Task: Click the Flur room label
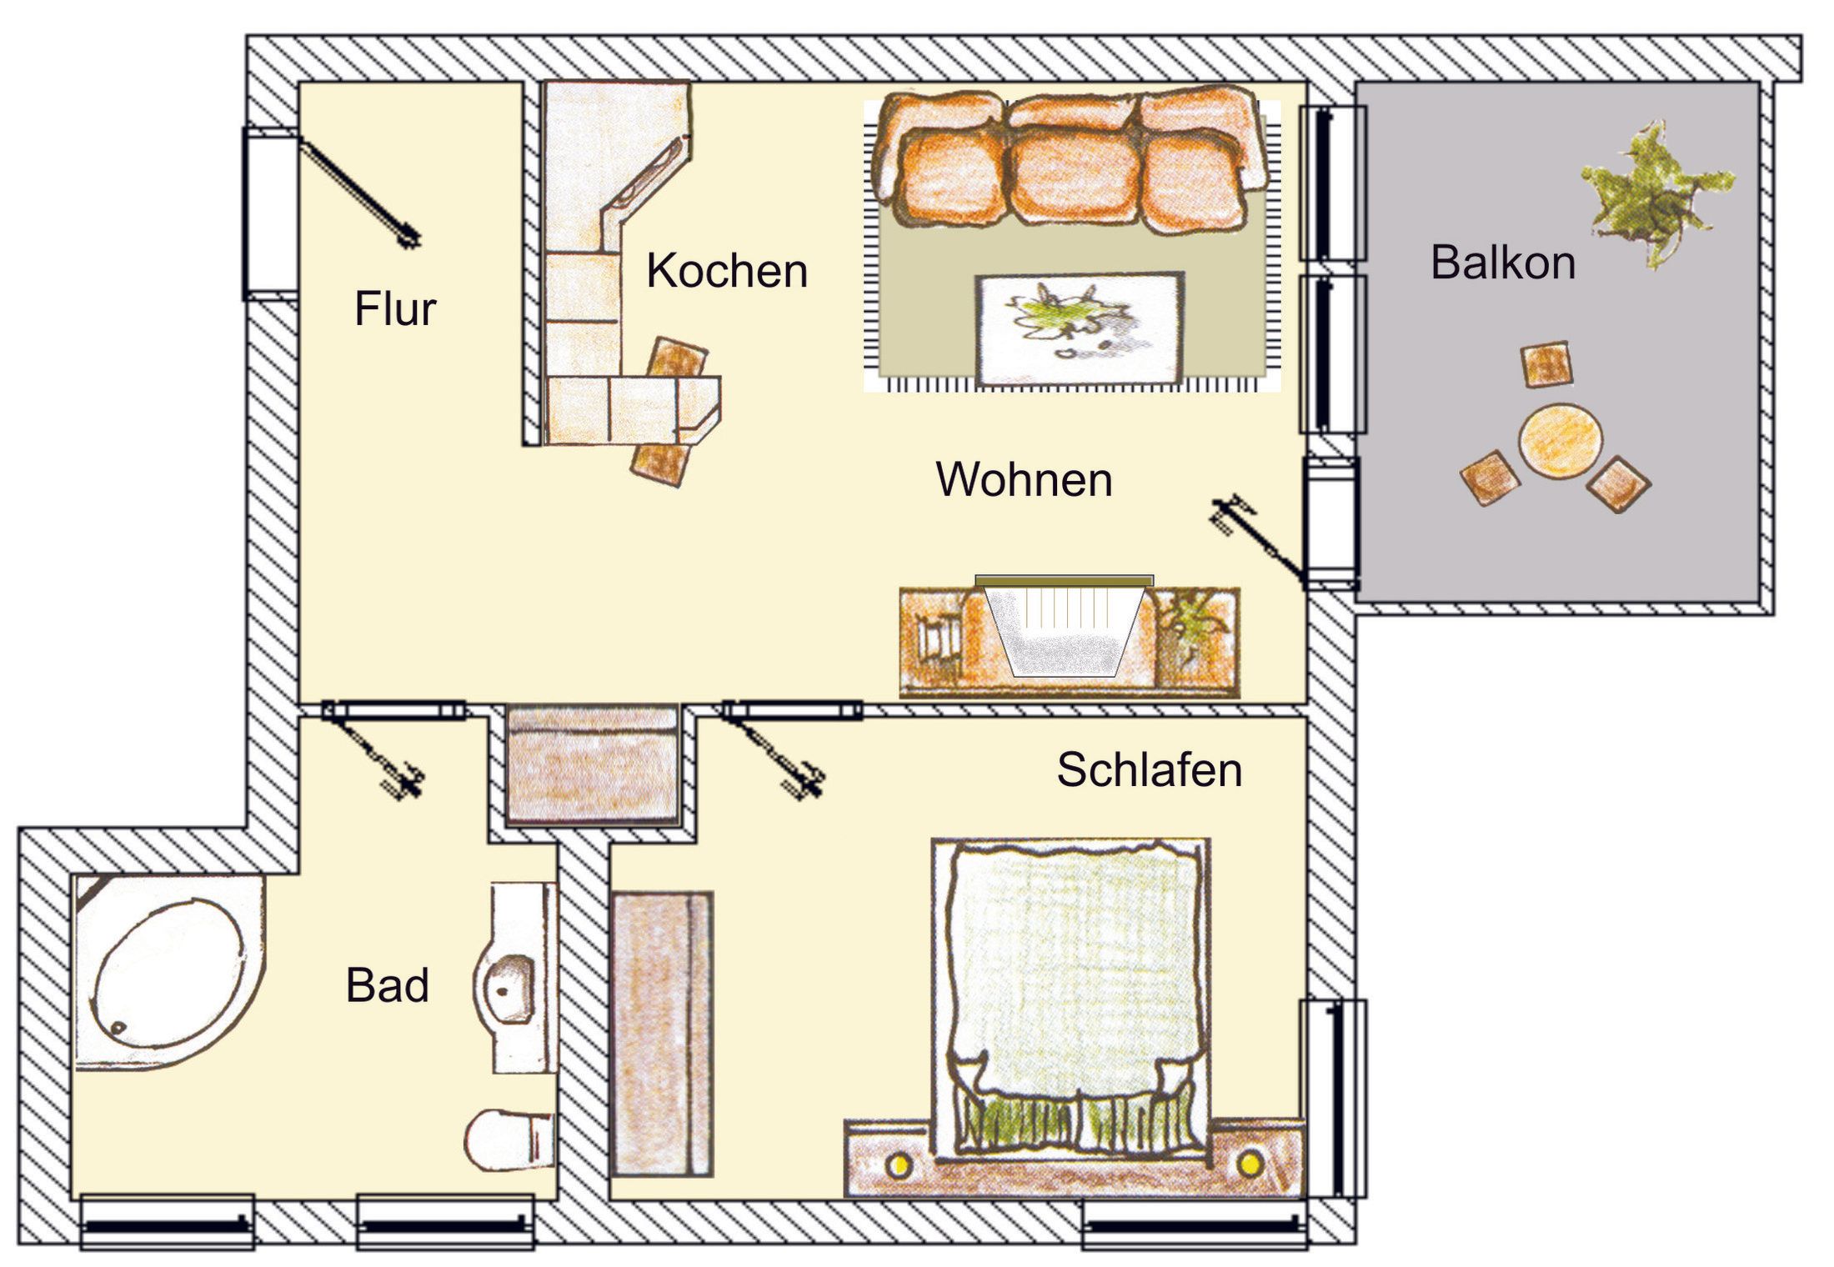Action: [x=395, y=309]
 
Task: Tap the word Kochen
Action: [x=727, y=271]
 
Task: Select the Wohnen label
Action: [x=1025, y=479]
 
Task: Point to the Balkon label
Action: [x=1503, y=263]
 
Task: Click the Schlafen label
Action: [x=1150, y=769]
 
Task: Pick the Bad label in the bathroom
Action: [x=388, y=985]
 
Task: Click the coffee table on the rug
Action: [x=1080, y=328]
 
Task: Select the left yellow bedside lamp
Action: [x=898, y=1165]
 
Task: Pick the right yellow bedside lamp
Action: [x=1248, y=1163]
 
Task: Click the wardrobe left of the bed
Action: [x=663, y=1034]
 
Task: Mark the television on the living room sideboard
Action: [x=1065, y=625]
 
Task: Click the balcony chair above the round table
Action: [x=1546, y=364]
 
